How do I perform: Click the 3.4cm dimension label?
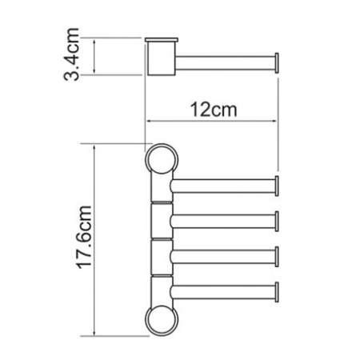pyautogui.click(x=73, y=57)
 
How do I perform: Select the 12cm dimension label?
pyautogui.click(x=211, y=108)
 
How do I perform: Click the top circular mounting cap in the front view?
pyautogui.click(x=162, y=158)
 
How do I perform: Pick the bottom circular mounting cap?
pyautogui.click(x=162, y=319)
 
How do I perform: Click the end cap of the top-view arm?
pyautogui.click(x=277, y=62)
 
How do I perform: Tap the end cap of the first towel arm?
pyautogui.click(x=277, y=186)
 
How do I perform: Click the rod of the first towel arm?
pyautogui.click(x=224, y=186)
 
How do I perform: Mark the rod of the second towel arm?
pyautogui.click(x=224, y=219)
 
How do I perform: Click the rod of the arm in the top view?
pyautogui.click(x=224, y=62)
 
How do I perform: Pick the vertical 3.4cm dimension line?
pyautogui.click(x=96, y=57)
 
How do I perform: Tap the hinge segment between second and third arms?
pyautogui.click(x=161, y=237)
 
